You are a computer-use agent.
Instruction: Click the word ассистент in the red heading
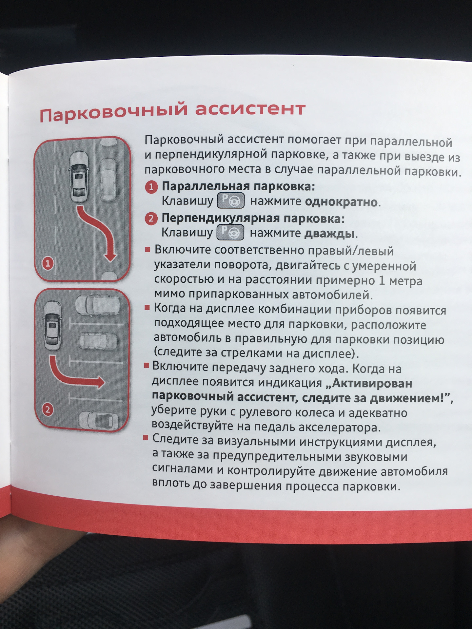click(x=250, y=108)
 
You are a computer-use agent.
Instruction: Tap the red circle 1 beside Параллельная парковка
click(x=151, y=187)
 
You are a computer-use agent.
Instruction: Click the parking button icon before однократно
click(x=231, y=201)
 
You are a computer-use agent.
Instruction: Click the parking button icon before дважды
click(x=230, y=232)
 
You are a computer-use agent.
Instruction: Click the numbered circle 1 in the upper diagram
click(x=48, y=263)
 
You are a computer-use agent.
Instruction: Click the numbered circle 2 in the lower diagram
click(x=48, y=410)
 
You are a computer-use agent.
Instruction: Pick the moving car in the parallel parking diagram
click(x=79, y=177)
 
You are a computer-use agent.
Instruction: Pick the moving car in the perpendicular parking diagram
click(x=52, y=327)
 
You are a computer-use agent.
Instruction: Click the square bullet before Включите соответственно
click(x=147, y=250)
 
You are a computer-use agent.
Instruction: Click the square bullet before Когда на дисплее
click(x=147, y=308)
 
